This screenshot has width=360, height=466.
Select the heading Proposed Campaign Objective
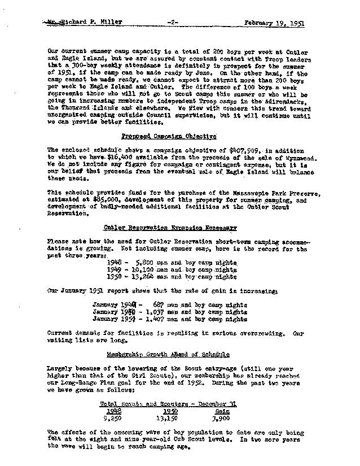point(169,136)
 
